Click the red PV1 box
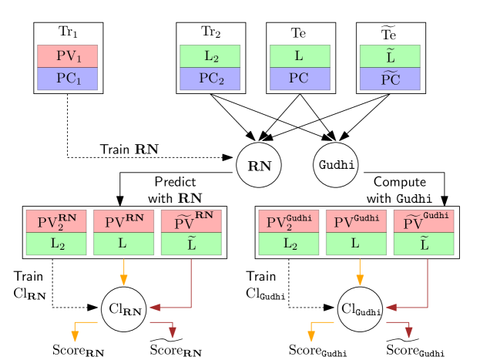click(67, 56)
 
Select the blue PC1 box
click(67, 79)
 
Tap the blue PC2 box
click(210, 79)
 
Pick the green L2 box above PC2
click(210, 56)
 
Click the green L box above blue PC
click(300, 56)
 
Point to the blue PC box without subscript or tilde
click(300, 79)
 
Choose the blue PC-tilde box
click(390, 79)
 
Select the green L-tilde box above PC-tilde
click(390, 56)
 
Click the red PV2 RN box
click(56, 221)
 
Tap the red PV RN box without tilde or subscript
click(123, 221)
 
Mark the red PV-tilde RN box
click(191, 221)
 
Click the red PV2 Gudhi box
click(289, 221)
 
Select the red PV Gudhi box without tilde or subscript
click(356, 221)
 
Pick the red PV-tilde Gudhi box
click(424, 221)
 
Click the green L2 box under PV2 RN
click(56, 244)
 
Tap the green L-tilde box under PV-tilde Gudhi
click(424, 244)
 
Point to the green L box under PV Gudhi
click(356, 244)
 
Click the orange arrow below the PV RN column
click(123, 271)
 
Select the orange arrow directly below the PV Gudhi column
click(360, 271)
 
